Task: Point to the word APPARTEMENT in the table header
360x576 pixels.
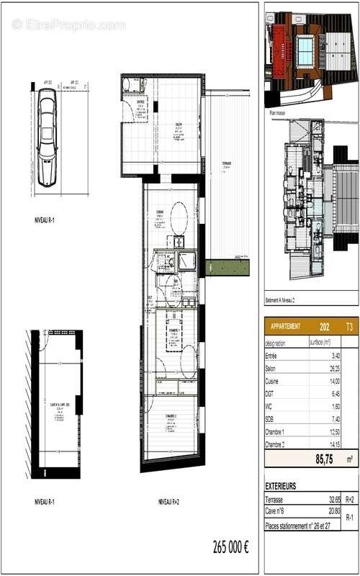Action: (x=285, y=326)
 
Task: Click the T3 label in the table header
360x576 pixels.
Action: (x=349, y=326)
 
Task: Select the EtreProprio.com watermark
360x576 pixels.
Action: (x=68, y=24)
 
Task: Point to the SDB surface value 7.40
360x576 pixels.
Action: (x=334, y=418)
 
